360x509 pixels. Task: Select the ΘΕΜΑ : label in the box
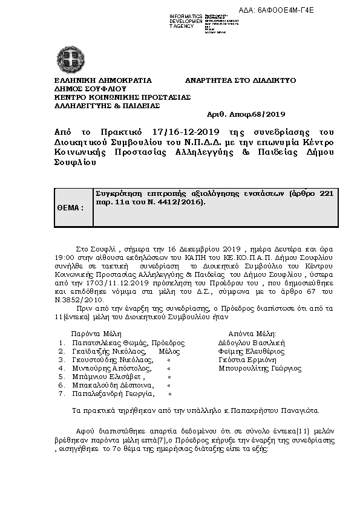70,207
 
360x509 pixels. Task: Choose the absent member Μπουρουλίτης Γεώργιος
260,368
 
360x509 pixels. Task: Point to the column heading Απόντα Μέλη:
252,333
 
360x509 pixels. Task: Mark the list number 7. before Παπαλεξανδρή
62,394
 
